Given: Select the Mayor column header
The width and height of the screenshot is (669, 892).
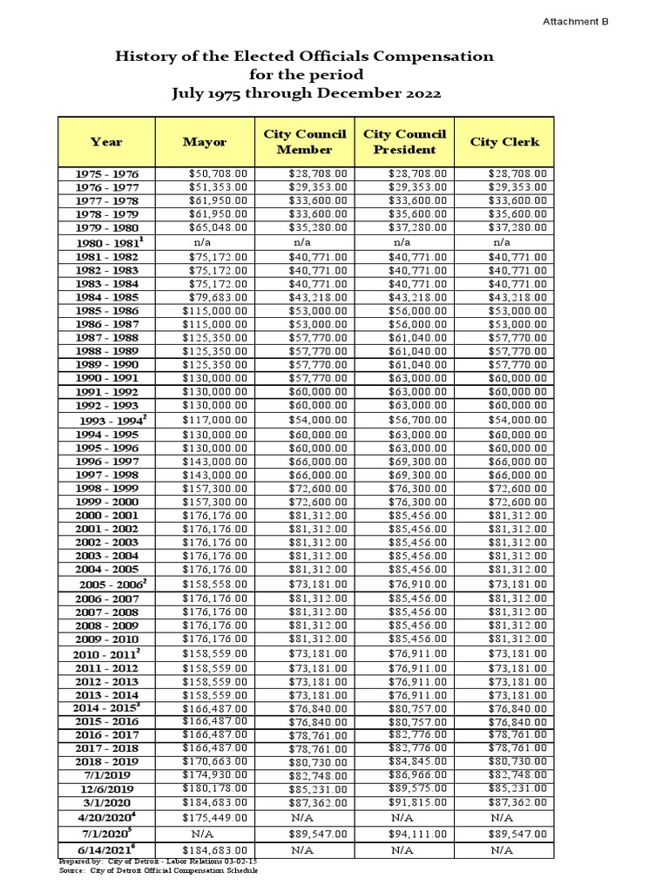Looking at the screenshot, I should pos(205,141).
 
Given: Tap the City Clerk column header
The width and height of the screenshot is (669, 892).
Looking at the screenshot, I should pos(504,141).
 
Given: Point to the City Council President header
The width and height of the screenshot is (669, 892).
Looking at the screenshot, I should pos(404,141).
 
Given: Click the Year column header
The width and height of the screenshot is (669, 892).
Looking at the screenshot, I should pos(105,141).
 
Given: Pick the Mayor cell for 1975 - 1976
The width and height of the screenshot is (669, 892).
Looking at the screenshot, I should pos(218,174).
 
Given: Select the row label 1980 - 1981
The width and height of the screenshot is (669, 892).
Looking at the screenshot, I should pos(106,243).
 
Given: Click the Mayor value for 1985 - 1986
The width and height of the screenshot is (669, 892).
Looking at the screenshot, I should pos(214,310).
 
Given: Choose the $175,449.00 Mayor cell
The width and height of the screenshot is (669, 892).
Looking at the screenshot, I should pos(214,818).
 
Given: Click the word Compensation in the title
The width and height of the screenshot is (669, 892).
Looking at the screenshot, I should pos(428,57).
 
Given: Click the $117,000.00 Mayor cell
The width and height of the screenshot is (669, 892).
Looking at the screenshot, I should pos(214,420).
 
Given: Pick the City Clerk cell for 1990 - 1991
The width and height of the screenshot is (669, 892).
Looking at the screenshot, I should pos(517,378).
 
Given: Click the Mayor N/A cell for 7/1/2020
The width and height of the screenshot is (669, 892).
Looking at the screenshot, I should pos(203,834).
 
